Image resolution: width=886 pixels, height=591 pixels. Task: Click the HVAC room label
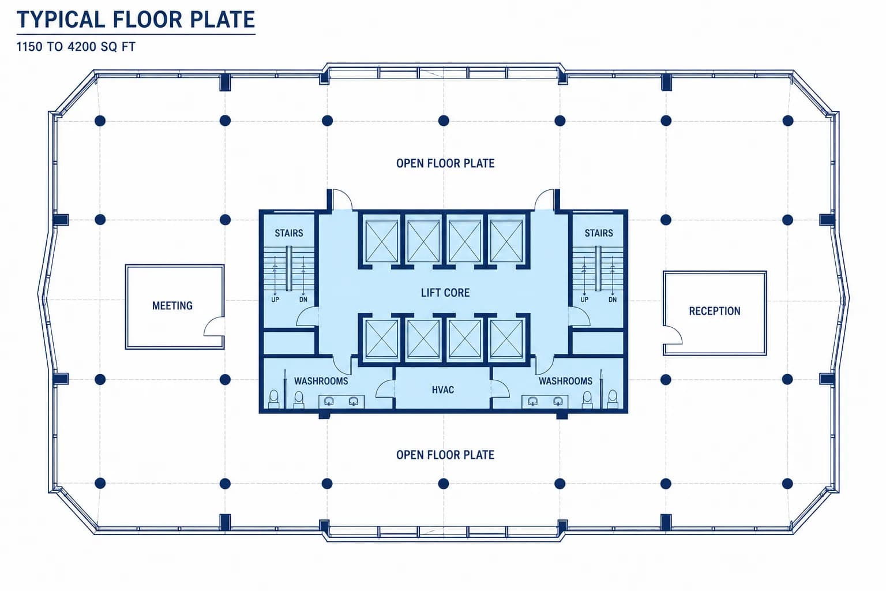coord(442,390)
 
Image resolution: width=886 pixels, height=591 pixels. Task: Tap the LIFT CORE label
coord(445,293)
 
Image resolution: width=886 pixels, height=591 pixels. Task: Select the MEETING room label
coord(172,305)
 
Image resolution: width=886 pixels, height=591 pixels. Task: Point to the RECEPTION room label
coord(714,311)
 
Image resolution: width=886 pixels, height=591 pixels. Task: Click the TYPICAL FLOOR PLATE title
coord(136,20)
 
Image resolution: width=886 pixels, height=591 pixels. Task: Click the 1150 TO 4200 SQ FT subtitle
coord(76,47)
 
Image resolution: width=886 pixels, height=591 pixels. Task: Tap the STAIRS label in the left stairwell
coord(289,233)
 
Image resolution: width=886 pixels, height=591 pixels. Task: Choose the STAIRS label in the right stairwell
coord(599,233)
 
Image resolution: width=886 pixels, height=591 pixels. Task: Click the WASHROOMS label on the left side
coord(321,381)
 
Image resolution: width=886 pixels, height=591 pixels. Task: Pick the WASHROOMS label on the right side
coord(565,381)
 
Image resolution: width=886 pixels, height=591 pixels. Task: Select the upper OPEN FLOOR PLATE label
coord(445,163)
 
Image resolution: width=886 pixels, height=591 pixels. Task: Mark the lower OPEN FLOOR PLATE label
coord(445,455)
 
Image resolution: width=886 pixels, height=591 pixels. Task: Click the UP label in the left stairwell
coord(275,300)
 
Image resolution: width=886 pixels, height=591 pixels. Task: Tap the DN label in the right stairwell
coord(612,300)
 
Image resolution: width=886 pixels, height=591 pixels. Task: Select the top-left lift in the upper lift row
coord(381,241)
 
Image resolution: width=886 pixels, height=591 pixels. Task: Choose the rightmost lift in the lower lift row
coord(506,338)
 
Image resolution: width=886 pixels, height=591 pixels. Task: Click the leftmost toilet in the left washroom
coord(274,399)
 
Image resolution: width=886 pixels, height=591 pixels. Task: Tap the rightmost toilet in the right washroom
coord(612,399)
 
